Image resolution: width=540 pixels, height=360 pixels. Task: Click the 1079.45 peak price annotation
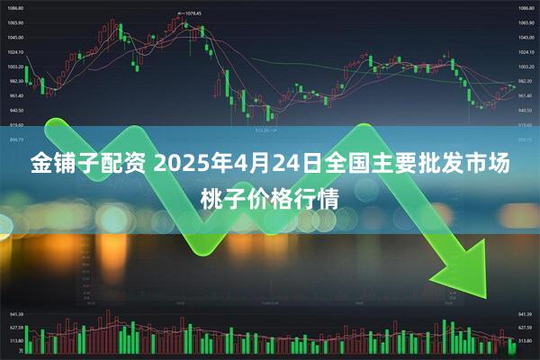coord(190,13)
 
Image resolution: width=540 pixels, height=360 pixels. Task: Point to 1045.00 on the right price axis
coord(525,37)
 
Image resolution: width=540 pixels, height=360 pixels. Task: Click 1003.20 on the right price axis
coord(525,67)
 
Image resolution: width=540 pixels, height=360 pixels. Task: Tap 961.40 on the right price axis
coord(525,95)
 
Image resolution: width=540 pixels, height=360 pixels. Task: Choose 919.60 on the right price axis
coord(525,124)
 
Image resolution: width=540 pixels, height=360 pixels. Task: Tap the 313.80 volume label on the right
coord(525,341)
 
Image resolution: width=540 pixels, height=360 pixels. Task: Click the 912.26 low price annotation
coord(265,129)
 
